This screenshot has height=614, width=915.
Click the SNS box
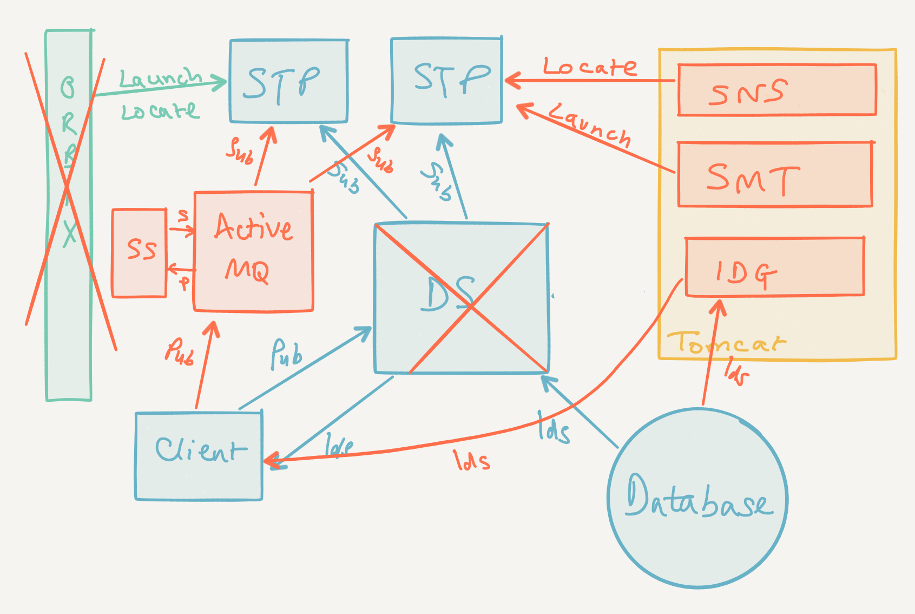776,90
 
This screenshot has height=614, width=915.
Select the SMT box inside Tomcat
774,174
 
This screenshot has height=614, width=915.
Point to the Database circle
697,498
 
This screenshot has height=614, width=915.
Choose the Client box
199,456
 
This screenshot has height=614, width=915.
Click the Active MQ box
253,251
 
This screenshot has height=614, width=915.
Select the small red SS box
139,253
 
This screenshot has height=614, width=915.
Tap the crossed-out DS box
461,298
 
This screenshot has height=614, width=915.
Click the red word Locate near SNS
589,67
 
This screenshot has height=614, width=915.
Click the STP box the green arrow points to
288,81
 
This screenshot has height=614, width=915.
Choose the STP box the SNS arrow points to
446,81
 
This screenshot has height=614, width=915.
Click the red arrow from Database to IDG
711,352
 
